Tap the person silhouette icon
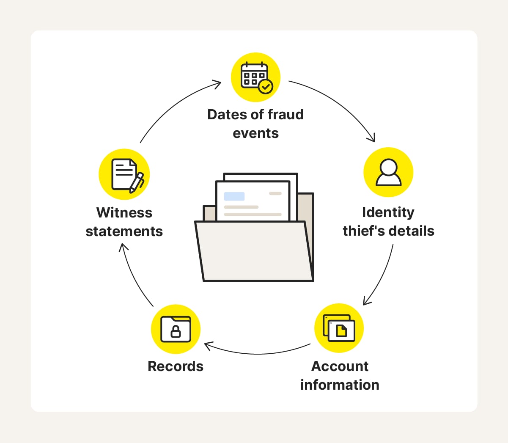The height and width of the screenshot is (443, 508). pyautogui.click(x=388, y=172)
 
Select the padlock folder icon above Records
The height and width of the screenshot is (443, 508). pyautogui.click(x=176, y=329)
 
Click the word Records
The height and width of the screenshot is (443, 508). pyautogui.click(x=176, y=366)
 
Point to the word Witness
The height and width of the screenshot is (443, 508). pyautogui.click(x=124, y=212)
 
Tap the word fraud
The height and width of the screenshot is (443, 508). pyautogui.click(x=286, y=114)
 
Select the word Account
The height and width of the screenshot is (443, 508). pyautogui.click(x=340, y=366)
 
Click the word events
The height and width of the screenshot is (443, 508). pyautogui.click(x=255, y=133)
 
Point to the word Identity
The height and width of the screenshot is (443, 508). pyautogui.click(x=388, y=212)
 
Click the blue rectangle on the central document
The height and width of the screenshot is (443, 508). pyautogui.click(x=234, y=196)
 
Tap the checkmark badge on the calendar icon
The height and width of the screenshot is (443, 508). pyautogui.click(x=266, y=87)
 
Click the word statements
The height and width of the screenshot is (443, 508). pyautogui.click(x=124, y=231)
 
